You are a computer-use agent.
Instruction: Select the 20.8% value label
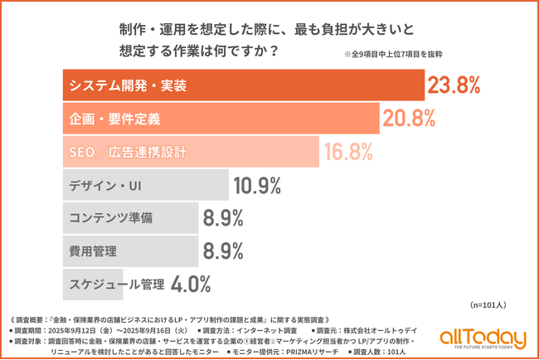[409, 119]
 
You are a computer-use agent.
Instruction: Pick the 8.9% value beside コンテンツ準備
[222, 218]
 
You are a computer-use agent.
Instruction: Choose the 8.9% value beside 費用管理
[222, 251]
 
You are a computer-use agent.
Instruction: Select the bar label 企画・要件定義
[114, 119]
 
